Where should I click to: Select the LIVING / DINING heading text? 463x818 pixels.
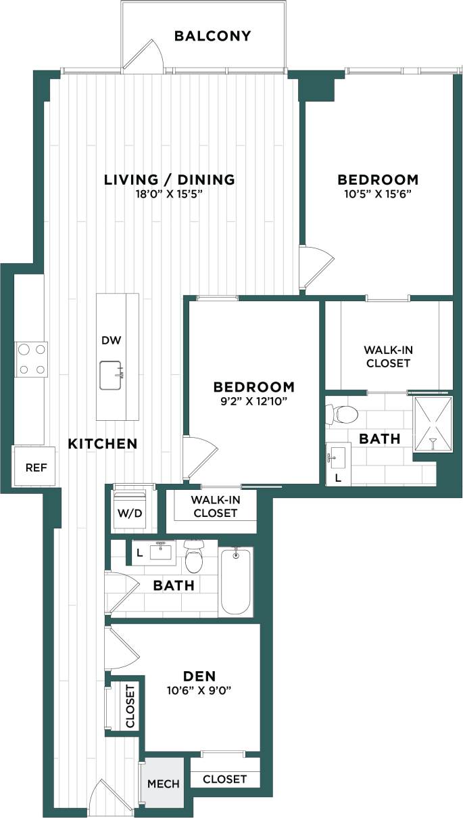[x=169, y=179]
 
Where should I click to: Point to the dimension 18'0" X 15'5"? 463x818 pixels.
[x=169, y=194]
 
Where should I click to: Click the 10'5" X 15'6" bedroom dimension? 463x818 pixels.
[x=378, y=194]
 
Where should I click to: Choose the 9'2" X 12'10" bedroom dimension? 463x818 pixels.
[x=253, y=401]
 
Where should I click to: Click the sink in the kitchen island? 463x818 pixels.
[x=112, y=375]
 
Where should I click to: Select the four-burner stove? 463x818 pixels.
[x=32, y=359]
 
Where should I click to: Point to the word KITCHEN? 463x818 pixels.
[x=103, y=444]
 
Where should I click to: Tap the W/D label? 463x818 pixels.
[x=130, y=513]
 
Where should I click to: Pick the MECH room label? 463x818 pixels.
[x=163, y=783]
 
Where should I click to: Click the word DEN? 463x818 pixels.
[x=199, y=676]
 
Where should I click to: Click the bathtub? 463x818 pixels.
[x=236, y=581]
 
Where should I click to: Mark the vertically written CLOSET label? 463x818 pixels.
[x=130, y=706]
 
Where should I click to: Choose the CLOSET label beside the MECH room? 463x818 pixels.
[x=224, y=779]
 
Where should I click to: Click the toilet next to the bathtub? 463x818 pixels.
[x=194, y=558]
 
